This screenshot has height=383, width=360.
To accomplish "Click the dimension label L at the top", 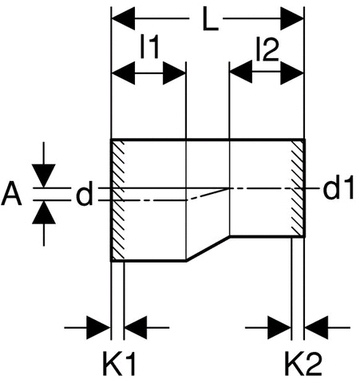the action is [x=210, y=19].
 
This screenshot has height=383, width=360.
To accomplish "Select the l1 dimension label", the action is [x=150, y=47].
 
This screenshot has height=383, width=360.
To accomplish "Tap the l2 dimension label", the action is [x=267, y=49].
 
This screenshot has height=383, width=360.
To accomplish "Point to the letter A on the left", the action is [x=11, y=193].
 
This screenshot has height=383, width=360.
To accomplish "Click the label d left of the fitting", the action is [x=85, y=193].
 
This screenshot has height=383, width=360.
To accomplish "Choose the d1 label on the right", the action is [x=338, y=188].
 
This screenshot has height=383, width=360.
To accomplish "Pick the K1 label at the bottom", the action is [x=119, y=363].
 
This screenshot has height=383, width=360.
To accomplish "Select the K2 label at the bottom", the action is [x=303, y=363].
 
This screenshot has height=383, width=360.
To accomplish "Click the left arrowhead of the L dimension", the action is [x=123, y=18].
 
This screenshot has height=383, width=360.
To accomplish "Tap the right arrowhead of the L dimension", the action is [x=292, y=18].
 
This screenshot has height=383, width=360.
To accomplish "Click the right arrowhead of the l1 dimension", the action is [x=174, y=73].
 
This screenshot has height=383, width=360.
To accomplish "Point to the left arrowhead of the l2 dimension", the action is [x=241, y=72].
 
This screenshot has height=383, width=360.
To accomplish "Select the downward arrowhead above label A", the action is [x=44, y=176].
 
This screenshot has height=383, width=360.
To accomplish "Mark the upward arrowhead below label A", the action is [x=44, y=212].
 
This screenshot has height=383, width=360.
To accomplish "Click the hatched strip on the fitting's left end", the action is [x=117, y=200].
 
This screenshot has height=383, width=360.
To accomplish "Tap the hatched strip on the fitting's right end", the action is [x=298, y=188].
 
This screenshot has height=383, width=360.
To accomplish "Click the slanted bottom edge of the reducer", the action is [x=208, y=248].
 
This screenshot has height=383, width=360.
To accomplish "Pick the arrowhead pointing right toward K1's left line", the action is [x=99, y=328].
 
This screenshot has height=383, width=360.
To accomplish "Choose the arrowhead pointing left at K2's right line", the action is [x=316, y=328].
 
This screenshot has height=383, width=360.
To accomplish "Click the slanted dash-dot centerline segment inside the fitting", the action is [x=208, y=194].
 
